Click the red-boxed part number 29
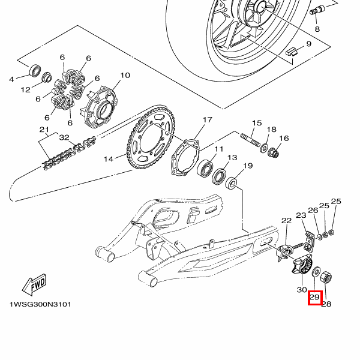click(315, 298)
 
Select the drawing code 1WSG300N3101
click(40, 304)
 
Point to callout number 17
click(208, 120)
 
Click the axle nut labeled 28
click(326, 277)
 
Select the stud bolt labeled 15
click(250, 140)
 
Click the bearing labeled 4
click(35, 70)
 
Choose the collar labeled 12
click(47, 77)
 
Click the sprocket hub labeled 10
click(100, 107)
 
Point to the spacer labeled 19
click(231, 183)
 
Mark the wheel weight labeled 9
click(292, 52)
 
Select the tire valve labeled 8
click(317, 10)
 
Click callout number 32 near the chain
click(64, 137)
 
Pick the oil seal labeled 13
click(219, 176)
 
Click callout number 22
click(287, 221)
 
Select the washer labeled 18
click(264, 148)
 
